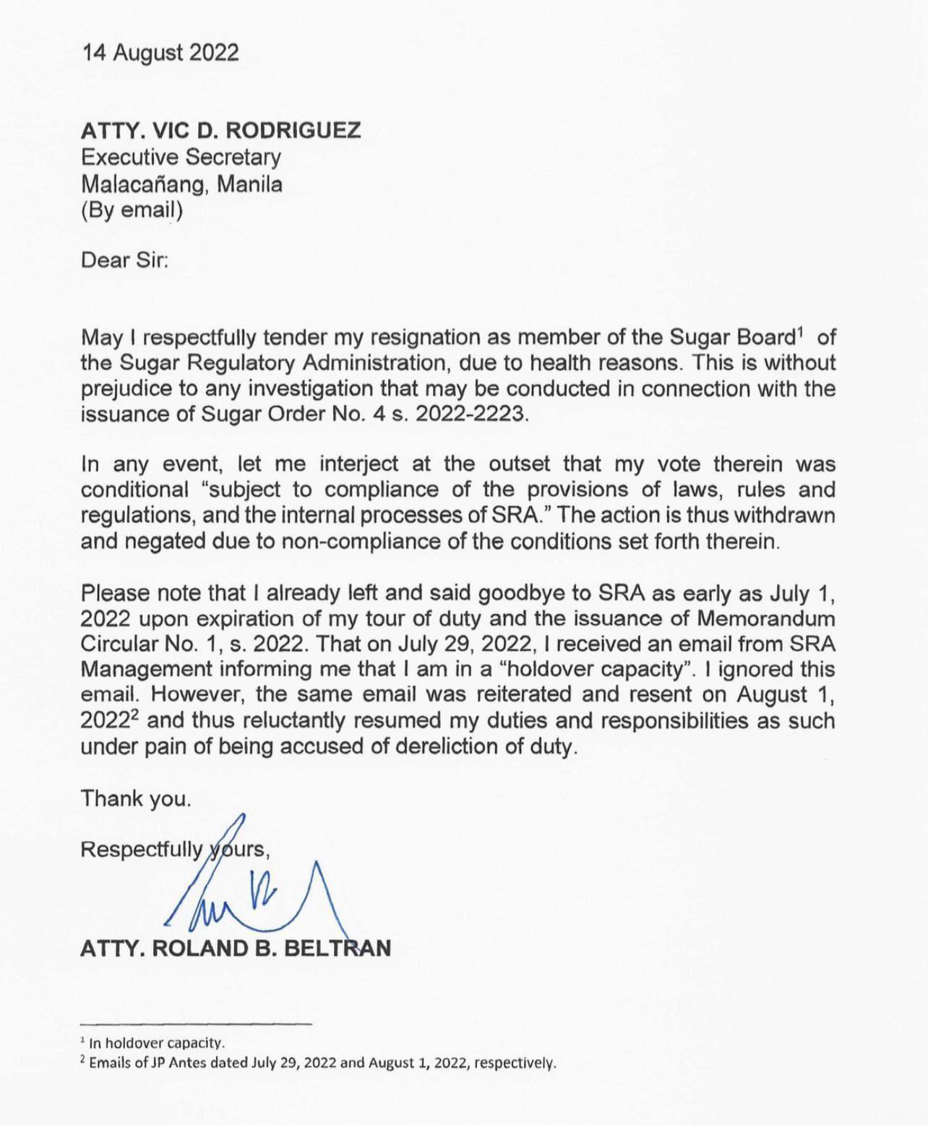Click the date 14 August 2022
click(160, 53)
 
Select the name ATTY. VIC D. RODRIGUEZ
click(220, 131)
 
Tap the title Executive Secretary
click(181, 157)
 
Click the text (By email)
click(132, 210)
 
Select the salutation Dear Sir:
click(124, 260)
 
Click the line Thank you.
click(136, 798)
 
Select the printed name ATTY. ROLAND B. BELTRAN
click(236, 948)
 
